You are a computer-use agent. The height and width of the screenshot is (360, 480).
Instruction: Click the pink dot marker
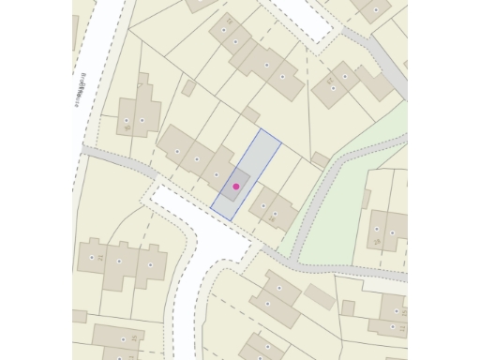(x=236, y=187)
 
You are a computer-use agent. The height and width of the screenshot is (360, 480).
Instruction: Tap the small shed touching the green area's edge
(x=320, y=159)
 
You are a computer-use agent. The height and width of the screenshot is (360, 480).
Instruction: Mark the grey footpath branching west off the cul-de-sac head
(x=117, y=158)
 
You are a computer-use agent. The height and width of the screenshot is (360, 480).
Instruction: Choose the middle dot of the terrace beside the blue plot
(x=197, y=159)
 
